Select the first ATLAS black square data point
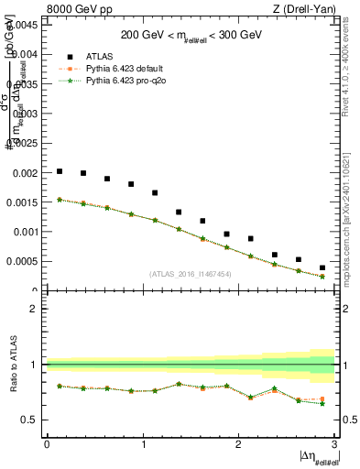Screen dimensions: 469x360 coord(60,171)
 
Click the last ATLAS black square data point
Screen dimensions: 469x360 coord(322,267)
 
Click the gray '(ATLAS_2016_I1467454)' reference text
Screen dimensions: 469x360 coord(191,274)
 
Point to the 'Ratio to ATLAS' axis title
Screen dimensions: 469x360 coord(11,365)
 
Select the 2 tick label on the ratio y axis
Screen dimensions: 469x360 coord(34,309)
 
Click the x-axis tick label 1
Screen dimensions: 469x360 coord(143,443)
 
